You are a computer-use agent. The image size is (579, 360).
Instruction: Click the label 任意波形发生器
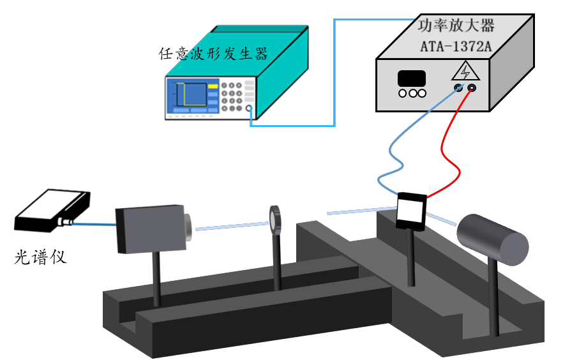213,53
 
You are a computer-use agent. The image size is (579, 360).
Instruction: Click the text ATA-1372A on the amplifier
456,46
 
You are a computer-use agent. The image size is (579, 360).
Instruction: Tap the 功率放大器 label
456,26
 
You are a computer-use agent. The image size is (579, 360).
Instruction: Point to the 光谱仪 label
40,258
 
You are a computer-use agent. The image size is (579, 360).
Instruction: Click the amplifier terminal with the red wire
472,87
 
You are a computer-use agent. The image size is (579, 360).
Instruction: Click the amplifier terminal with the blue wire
458,87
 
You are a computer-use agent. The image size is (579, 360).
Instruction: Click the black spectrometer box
51,211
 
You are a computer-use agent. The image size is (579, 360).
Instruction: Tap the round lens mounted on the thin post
276,219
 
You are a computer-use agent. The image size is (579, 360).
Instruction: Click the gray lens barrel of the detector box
187,226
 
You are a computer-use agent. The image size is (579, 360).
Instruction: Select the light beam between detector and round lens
230,225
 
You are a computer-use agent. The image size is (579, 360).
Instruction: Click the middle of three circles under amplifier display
412,93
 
